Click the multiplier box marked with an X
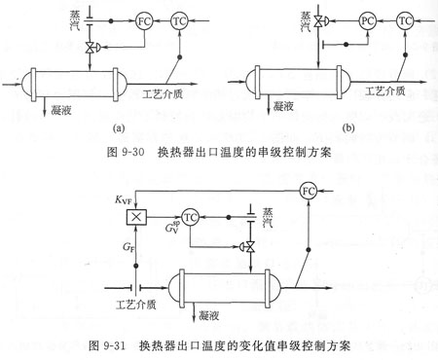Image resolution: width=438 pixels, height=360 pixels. pos(136,217)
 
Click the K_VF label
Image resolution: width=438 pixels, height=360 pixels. pos(124,199)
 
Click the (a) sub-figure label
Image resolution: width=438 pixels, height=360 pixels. pos(118,128)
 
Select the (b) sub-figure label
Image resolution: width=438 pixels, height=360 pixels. pos(348,128)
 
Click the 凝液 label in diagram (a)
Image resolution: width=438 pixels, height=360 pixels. pos(61,111)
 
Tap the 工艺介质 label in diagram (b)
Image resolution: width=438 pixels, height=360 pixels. pos(385,91)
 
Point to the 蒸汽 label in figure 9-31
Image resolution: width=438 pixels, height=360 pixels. pos(268,218)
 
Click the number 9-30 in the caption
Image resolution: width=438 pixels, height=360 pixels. pos(133,152)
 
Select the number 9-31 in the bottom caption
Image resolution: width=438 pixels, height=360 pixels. pos(114,345)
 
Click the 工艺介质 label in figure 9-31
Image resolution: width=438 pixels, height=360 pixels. pos(136,305)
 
